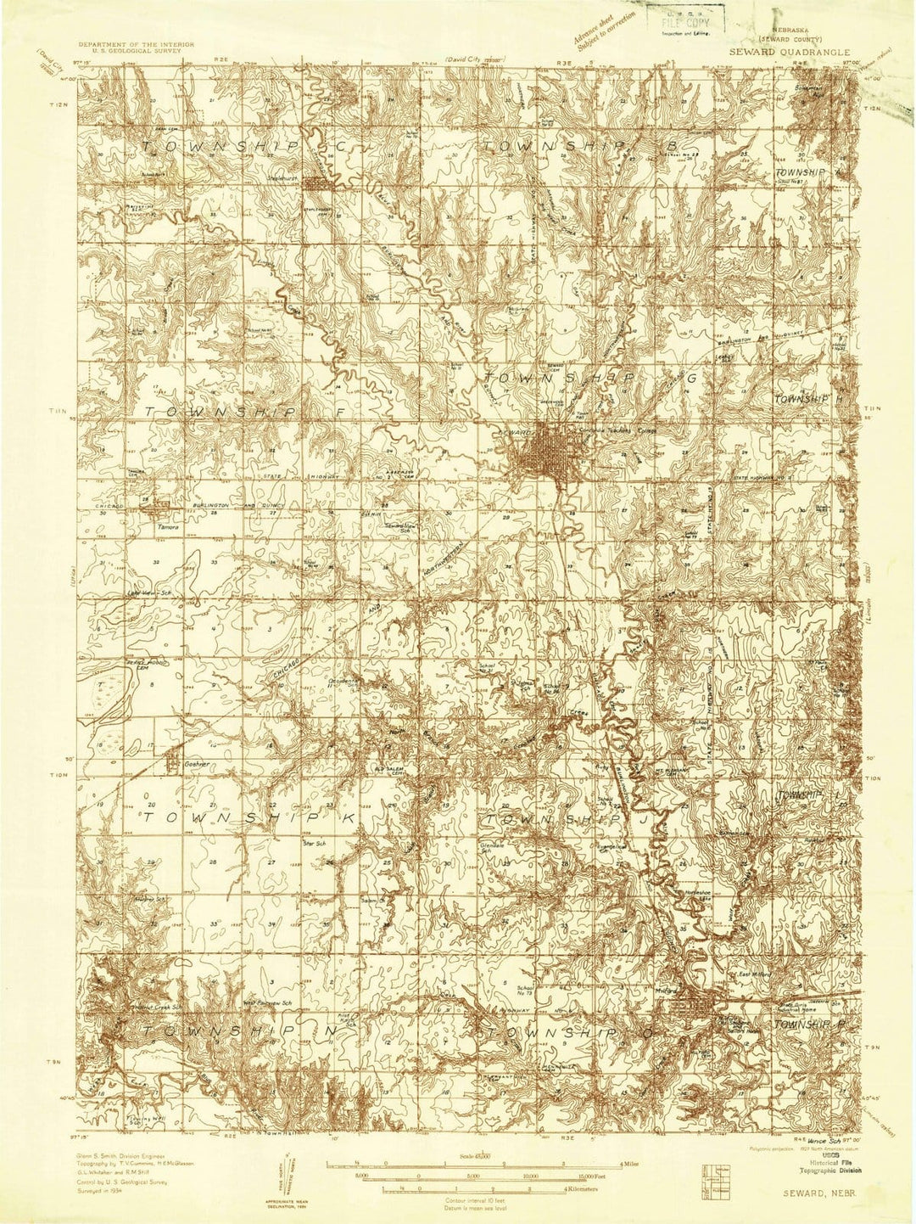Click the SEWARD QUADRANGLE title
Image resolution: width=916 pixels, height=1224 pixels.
(783, 52)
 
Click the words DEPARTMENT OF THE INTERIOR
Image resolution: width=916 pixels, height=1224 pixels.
(137, 42)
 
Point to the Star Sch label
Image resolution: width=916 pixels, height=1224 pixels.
(315, 843)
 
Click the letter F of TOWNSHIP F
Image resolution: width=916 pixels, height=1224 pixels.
(321, 412)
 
